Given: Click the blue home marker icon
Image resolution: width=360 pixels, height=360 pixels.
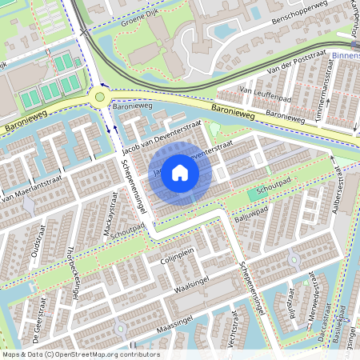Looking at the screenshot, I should point(180,173).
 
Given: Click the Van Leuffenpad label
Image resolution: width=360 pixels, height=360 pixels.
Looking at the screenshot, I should point(263,93).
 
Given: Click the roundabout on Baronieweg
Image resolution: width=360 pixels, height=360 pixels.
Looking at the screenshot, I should point(100,97).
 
